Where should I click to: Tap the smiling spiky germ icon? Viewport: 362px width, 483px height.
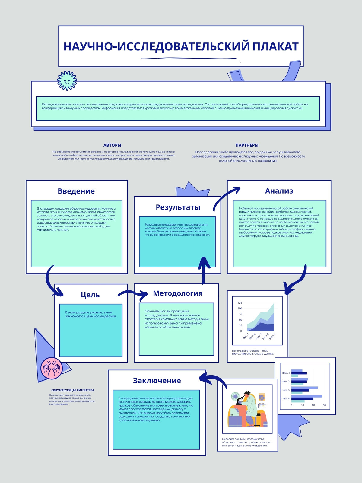67,81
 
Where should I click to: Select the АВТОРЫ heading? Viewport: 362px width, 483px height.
112,145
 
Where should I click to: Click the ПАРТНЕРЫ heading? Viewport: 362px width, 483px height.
247,145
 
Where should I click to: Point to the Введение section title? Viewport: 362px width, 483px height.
76,191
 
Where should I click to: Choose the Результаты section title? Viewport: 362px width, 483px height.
178,207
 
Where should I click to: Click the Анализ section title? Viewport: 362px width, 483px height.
279,191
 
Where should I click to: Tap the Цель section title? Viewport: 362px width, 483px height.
90,295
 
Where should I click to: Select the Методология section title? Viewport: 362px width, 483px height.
178,293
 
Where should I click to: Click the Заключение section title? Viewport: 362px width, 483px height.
157,380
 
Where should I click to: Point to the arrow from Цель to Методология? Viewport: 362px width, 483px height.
132,292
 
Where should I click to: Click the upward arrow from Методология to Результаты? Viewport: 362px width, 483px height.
204,271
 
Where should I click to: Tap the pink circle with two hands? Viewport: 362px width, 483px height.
52,368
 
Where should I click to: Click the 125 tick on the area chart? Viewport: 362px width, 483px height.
240,303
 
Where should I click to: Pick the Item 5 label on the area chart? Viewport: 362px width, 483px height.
272,337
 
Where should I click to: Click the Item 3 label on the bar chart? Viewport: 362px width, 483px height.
285,390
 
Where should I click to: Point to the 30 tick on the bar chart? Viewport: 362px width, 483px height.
324,405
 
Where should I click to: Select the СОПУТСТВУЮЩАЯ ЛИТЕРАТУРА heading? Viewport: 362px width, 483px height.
72,390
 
